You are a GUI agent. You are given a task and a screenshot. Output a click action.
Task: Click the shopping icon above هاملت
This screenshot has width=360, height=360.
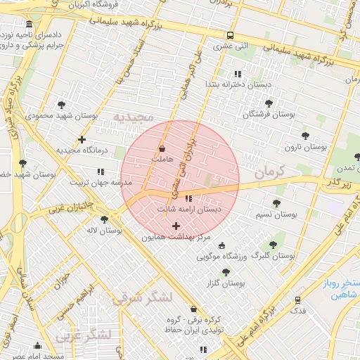coord(163,149)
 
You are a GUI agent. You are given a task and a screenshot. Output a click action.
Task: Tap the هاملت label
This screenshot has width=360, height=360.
coord(163,160)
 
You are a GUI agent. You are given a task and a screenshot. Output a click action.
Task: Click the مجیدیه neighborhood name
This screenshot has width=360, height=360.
coord(134,116)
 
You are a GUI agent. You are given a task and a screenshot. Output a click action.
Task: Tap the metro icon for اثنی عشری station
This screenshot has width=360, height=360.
coord(230,36)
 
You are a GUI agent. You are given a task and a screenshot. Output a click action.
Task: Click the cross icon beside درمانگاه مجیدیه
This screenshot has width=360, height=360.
coord(82,139)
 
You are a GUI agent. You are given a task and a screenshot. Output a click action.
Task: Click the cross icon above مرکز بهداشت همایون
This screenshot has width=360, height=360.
coord(176,225)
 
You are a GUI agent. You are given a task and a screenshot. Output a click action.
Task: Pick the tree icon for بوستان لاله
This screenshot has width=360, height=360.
coord(104,219)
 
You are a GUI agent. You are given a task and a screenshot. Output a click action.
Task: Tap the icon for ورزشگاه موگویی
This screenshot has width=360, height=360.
coord(222,245)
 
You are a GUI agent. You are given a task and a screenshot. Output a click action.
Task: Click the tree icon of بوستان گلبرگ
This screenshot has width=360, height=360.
coord(273,245)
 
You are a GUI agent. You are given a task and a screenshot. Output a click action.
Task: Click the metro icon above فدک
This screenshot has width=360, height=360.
coord(298,299)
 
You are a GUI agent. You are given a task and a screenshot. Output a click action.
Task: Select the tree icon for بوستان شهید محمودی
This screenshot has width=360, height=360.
coord(62,104)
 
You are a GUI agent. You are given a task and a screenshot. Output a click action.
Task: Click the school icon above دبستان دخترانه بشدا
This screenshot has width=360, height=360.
coord(237,73)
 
